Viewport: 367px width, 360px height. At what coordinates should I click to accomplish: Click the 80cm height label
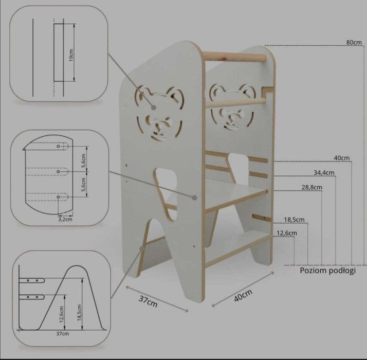354,42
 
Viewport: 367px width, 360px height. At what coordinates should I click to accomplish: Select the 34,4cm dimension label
324,173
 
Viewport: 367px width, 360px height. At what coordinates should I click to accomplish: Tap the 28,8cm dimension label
312,187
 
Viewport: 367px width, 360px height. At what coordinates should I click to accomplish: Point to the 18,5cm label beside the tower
294,220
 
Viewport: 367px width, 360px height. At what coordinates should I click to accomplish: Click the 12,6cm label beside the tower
287,233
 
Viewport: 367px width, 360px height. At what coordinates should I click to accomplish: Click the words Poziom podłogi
328,271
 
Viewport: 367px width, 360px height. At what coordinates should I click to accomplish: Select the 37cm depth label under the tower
148,301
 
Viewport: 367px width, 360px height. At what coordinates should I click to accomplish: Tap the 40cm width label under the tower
243,295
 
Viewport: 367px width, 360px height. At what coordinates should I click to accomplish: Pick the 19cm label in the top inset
71,55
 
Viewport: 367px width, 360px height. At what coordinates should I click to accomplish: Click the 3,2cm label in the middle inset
65,220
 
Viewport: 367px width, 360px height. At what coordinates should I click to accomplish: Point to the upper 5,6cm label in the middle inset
84,160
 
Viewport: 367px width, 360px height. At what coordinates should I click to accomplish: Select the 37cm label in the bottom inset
63,334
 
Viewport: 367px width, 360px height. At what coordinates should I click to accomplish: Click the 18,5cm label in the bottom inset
79,313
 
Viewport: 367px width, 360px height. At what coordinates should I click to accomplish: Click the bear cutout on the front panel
159,114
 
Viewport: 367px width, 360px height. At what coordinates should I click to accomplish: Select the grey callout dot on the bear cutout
154,107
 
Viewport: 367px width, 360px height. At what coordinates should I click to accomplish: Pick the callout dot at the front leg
141,248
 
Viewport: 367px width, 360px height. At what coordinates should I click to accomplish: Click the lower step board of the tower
237,248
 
